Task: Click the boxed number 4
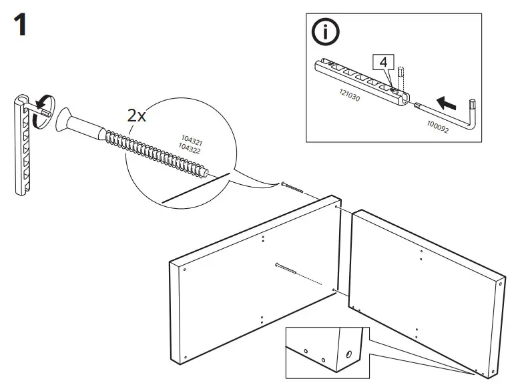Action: pos(382,62)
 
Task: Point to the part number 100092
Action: pos(437,126)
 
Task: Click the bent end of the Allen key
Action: pos(475,107)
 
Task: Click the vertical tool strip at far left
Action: pos(24,147)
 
